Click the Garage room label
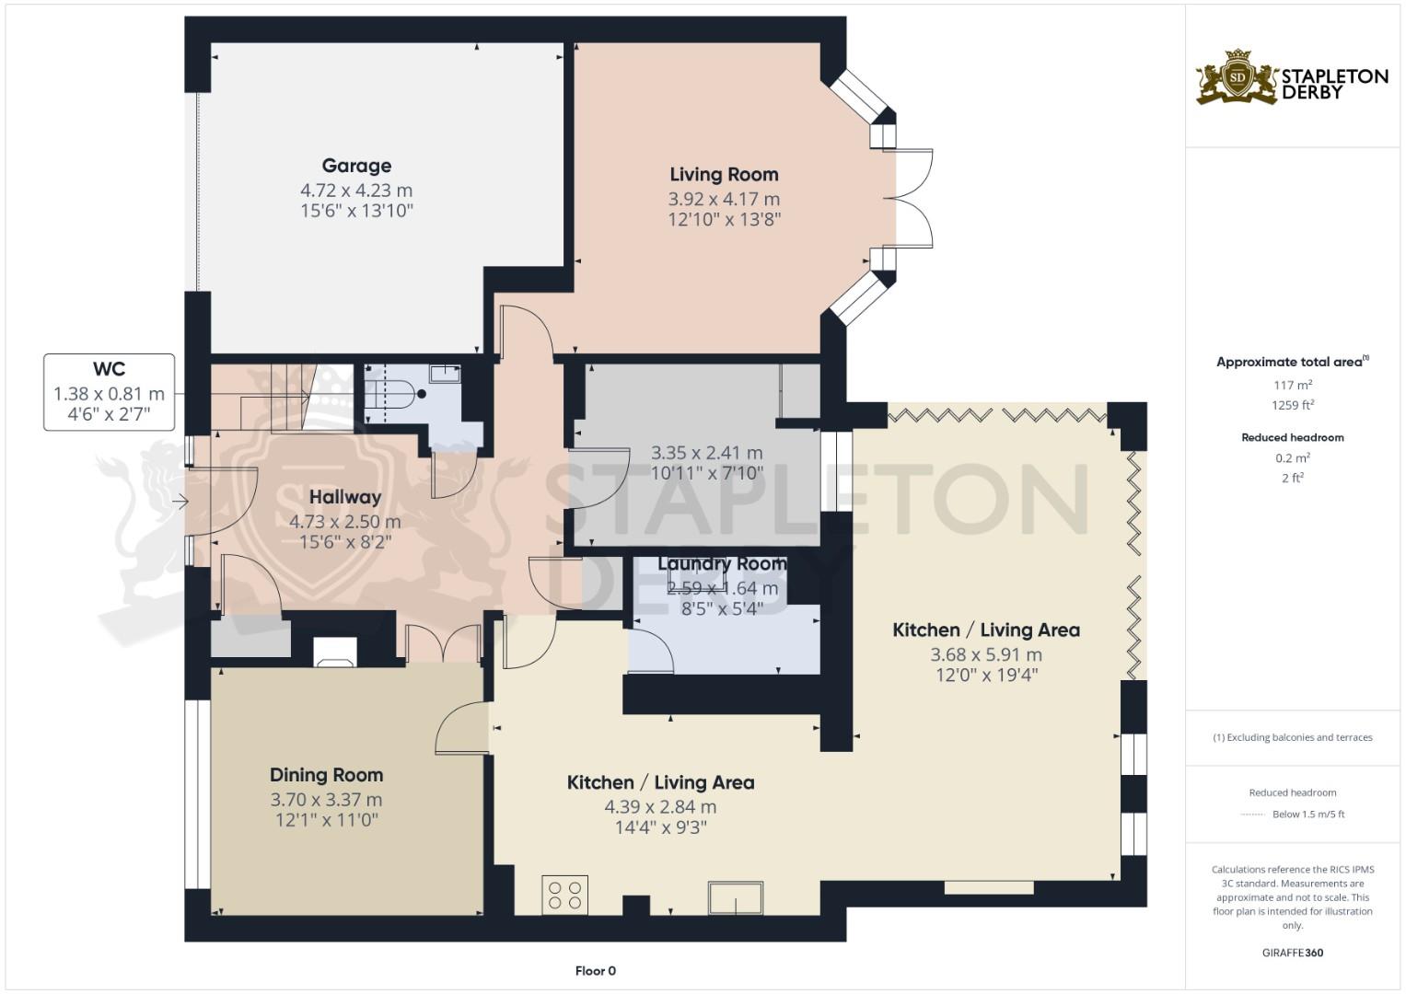click(356, 167)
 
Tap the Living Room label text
click(724, 175)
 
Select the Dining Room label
click(326, 775)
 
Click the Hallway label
click(344, 497)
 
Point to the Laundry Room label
click(722, 563)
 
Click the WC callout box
click(109, 392)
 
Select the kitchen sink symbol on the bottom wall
click(735, 897)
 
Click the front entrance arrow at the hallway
click(180, 502)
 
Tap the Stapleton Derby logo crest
click(1237, 78)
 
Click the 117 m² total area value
click(1293, 386)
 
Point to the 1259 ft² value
click(1293, 405)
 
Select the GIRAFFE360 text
click(1292, 953)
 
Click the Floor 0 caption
click(595, 971)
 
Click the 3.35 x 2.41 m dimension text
click(706, 453)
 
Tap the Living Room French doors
click(912, 198)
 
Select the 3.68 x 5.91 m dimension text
click(985, 655)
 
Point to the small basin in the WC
click(446, 373)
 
